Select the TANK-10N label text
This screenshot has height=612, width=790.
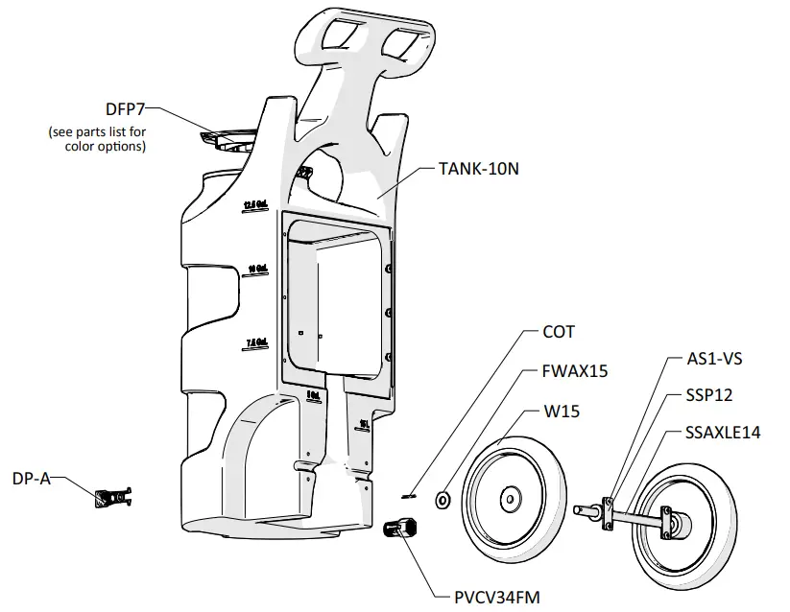click(479, 168)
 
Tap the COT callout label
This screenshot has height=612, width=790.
click(558, 332)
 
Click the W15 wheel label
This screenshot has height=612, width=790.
click(563, 412)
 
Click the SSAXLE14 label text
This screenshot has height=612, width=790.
click(723, 433)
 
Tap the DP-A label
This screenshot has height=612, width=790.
click(31, 477)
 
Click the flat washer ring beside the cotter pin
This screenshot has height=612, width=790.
click(443, 498)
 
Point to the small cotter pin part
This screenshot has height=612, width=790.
click(408, 494)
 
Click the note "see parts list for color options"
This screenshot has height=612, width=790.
click(97, 139)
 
